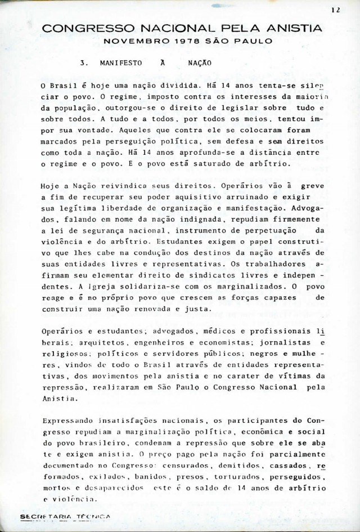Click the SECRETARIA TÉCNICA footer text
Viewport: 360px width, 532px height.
point(65,517)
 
